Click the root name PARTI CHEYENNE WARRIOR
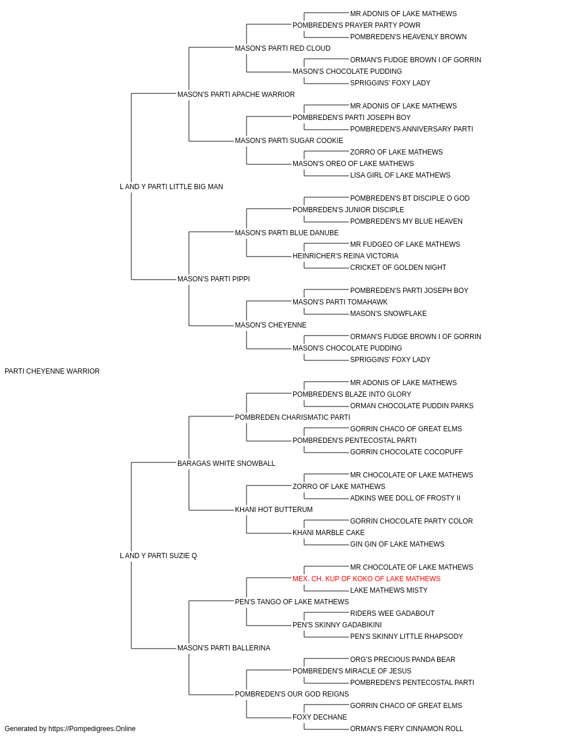(x=52, y=371)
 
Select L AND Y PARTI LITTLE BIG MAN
(x=171, y=187)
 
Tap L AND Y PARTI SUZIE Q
(x=158, y=556)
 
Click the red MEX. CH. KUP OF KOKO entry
(x=366, y=579)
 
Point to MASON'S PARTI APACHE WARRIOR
(x=236, y=95)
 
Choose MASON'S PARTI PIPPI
(x=213, y=279)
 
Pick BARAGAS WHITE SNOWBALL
(x=226, y=464)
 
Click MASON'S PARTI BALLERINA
(x=223, y=648)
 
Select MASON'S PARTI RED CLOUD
(x=283, y=48)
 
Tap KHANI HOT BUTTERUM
(x=274, y=510)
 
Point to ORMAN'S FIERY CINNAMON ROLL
(x=407, y=729)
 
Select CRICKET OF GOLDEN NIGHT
(x=398, y=268)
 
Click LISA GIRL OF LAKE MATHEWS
(x=400, y=175)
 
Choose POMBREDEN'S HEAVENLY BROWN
(x=408, y=37)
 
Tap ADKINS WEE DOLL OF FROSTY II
(x=405, y=498)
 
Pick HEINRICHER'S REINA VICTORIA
(x=346, y=256)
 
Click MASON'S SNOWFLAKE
(x=388, y=314)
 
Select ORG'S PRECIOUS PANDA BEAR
(x=402, y=660)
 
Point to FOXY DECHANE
(x=320, y=717)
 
